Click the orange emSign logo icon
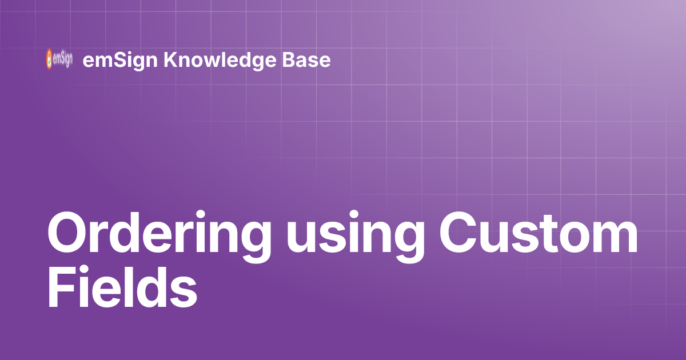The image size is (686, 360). tap(49, 59)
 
